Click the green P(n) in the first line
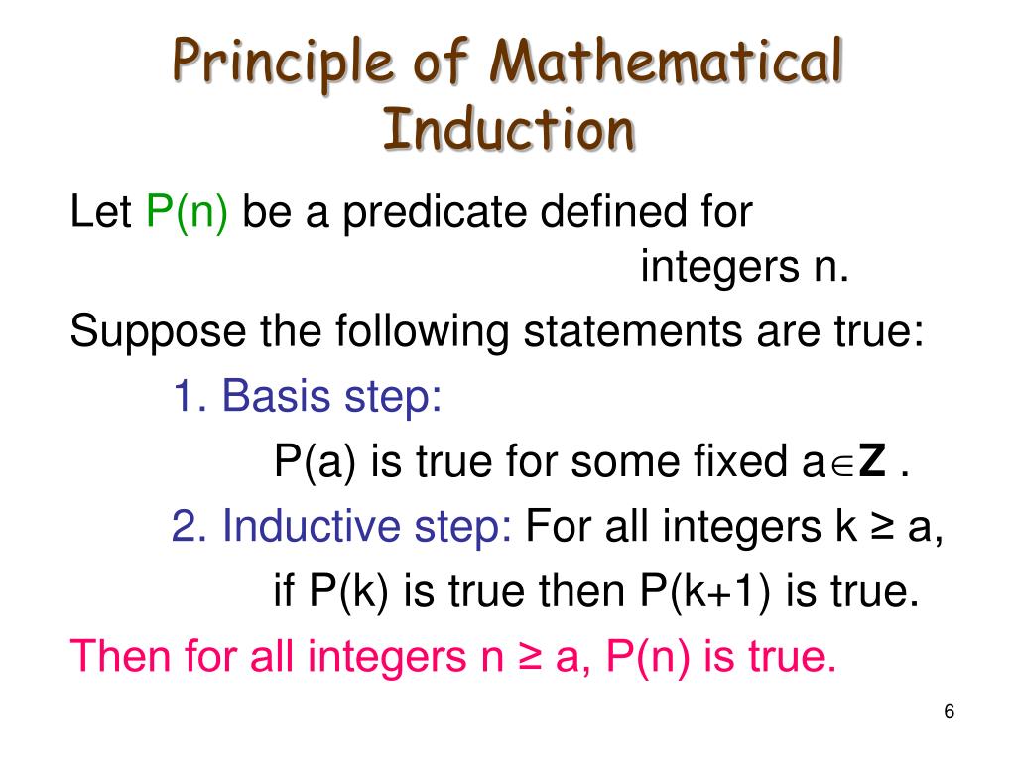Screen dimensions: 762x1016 (188, 211)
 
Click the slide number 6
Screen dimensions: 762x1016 (950, 712)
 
